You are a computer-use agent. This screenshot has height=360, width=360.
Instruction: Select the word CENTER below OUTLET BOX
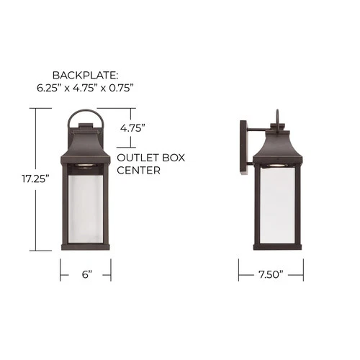(138, 171)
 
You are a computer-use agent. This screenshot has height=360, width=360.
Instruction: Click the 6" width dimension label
(85, 274)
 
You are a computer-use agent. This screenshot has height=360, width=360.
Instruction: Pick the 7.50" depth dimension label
(271, 274)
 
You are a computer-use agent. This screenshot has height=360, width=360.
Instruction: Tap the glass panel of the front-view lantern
(85, 209)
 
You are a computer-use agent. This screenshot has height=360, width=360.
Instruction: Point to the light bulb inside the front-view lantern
(85, 167)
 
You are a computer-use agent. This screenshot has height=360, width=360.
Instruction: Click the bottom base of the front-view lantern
(85, 248)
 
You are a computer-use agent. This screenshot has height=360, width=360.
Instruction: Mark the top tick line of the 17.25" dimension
(41, 109)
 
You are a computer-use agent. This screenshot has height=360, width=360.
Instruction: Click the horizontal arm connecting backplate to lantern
(256, 129)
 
